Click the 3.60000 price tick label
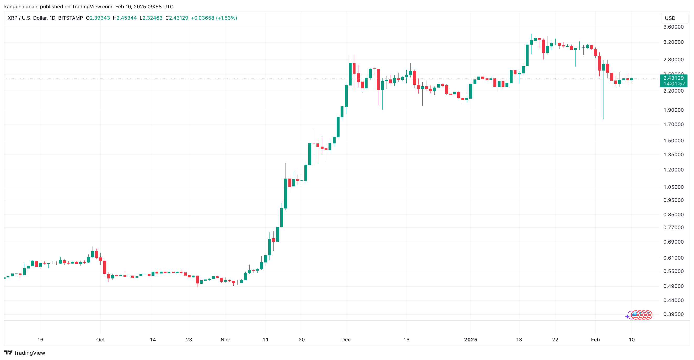coord(673,27)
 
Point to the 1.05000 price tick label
coord(673,187)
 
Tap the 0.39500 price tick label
coord(673,314)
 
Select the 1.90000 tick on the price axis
coord(673,110)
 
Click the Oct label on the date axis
coord(100,340)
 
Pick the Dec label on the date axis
coord(346,340)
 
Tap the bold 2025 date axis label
coord(471,340)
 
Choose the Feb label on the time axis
coord(595,340)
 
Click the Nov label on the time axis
coord(225,340)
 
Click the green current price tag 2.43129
coord(673,78)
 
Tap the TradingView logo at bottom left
coord(25,353)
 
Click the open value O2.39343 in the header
coord(98,18)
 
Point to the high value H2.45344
coord(125,18)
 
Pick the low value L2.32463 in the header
coord(151,18)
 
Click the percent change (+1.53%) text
coord(227,18)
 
